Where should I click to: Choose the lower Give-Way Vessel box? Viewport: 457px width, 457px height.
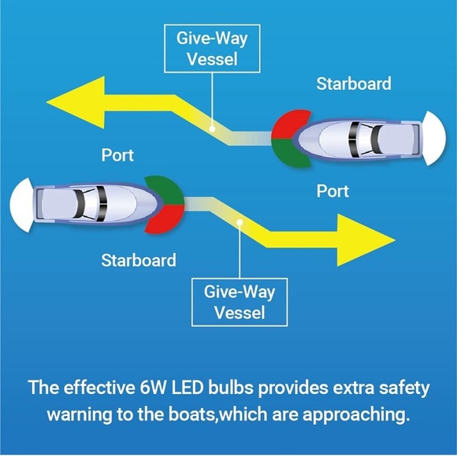[240, 302]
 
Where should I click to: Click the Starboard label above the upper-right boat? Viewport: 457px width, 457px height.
[353, 84]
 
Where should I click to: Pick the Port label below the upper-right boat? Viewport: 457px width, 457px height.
[333, 191]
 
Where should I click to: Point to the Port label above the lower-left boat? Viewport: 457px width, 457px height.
[117, 155]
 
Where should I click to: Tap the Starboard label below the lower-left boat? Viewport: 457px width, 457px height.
[139, 259]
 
